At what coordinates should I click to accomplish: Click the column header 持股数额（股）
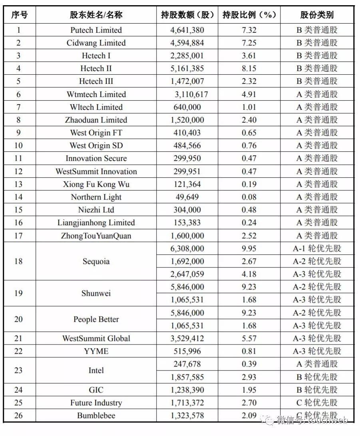187,15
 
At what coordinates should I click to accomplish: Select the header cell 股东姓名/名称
96,15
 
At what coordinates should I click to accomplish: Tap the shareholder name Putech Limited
96,30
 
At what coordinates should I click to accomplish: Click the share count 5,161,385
187,69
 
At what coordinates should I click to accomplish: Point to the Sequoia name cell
96,262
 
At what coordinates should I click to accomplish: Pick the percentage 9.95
249,249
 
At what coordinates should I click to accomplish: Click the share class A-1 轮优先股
317,249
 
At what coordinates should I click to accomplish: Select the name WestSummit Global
96,339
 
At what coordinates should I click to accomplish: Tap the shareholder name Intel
96,371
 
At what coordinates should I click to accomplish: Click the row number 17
19,236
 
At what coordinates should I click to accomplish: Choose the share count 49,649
187,197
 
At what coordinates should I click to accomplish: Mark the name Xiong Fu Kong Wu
96,184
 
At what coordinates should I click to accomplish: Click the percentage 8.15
249,69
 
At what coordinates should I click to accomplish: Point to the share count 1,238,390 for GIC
187,390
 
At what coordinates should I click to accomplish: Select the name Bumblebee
96,416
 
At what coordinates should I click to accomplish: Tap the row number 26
19,416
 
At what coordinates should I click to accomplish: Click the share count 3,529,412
187,339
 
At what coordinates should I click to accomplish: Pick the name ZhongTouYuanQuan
96,236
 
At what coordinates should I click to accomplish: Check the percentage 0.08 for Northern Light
249,197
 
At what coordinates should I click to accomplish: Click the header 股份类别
317,15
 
